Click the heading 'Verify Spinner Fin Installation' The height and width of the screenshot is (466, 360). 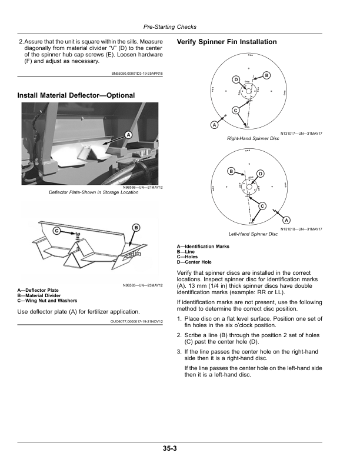226,42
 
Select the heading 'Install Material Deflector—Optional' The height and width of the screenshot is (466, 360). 76,95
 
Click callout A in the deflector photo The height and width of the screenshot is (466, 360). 126,135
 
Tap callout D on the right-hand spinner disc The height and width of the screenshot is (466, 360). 235,79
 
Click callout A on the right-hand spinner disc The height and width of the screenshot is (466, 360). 214,125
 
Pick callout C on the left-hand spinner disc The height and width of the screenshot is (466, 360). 262,205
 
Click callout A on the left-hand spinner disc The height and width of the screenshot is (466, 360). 278,220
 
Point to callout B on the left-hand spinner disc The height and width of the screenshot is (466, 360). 231,171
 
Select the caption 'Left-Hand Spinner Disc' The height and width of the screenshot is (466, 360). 253,234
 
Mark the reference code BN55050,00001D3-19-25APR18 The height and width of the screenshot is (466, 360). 137,74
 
